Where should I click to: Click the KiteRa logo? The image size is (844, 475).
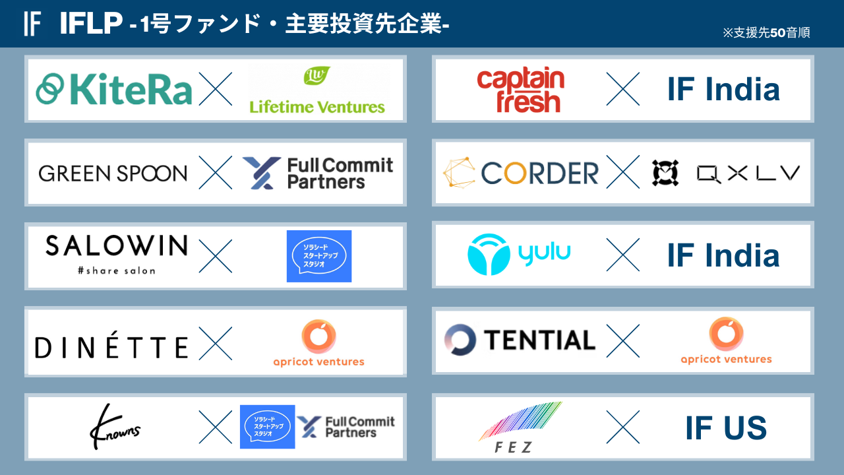click(x=114, y=90)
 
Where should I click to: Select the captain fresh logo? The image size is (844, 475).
click(x=520, y=90)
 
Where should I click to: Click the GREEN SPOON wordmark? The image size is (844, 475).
click(x=113, y=174)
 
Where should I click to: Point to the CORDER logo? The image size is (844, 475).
click(x=521, y=173)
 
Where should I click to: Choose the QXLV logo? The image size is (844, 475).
click(x=726, y=173)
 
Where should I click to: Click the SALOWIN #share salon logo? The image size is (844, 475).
click(x=116, y=253)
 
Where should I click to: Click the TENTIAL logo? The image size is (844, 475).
click(x=520, y=340)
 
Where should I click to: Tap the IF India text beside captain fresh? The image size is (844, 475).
click(x=723, y=90)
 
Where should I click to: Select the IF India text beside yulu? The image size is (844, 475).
click(x=723, y=255)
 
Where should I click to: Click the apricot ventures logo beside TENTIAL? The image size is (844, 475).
click(x=726, y=341)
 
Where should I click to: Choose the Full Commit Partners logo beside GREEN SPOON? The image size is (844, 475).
click(x=317, y=173)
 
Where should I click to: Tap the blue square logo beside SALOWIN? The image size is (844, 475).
click(x=319, y=256)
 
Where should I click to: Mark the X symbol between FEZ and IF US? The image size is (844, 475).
click(x=622, y=427)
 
